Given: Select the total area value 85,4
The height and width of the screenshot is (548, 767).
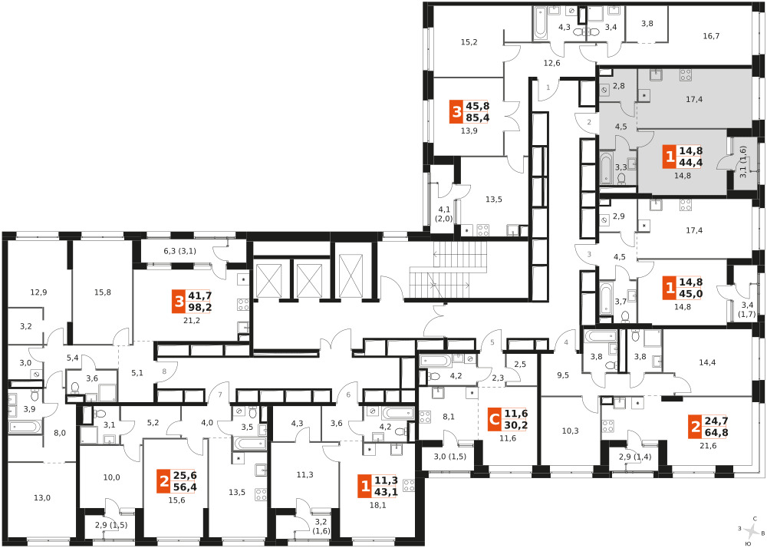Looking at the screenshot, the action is point(478,118).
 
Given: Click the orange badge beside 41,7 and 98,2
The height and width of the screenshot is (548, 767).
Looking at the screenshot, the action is point(179,301).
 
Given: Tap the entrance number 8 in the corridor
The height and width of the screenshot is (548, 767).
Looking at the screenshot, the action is point(164,371).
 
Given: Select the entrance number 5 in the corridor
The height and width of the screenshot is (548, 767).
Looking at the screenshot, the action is point(492,342).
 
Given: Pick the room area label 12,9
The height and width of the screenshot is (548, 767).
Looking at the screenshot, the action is point(38,292).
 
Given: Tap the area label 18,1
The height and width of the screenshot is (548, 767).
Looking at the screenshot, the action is point(377,506).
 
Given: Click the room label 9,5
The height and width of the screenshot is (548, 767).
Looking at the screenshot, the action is point(563,376).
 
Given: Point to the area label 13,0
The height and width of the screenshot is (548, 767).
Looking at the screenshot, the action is point(42,498).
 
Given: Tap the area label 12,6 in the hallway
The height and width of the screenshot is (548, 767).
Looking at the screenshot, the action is point(551,63).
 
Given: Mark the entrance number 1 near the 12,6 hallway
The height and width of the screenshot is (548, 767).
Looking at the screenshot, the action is point(548,87).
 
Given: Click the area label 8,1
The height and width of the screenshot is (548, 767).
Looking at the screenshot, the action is point(449,417).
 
